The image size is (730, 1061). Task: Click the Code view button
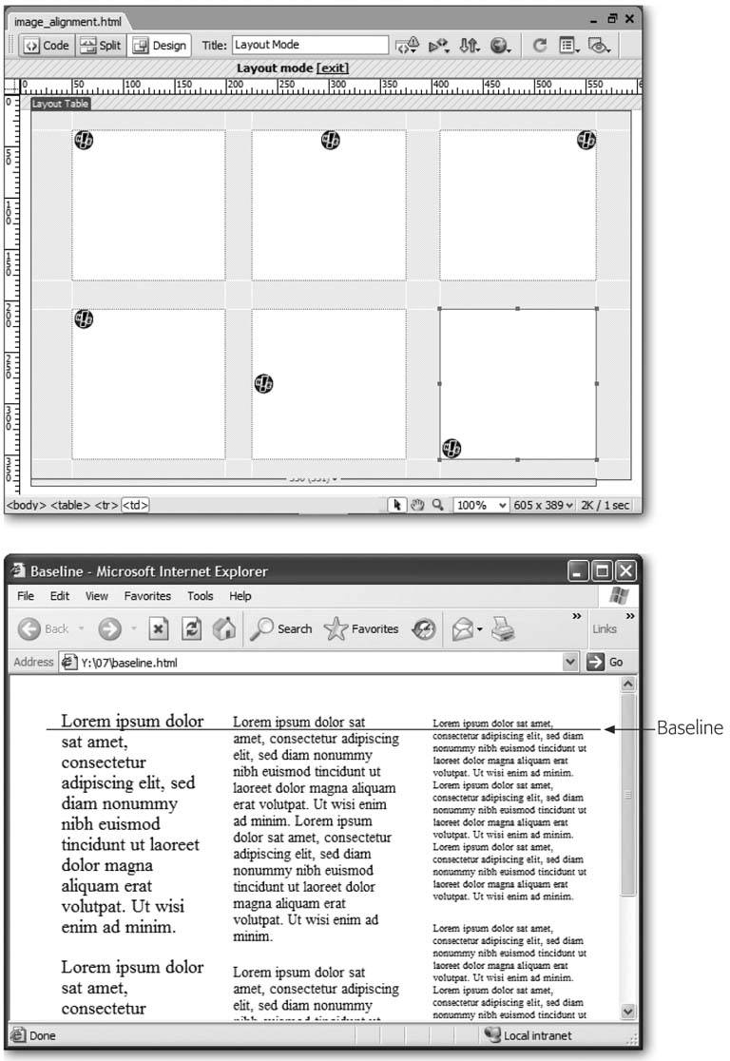[x=46, y=46]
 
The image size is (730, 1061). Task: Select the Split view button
[x=100, y=46]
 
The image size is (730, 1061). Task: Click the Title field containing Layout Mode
[x=309, y=45]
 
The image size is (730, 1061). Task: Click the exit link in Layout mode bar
[x=335, y=68]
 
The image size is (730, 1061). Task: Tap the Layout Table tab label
[x=60, y=104]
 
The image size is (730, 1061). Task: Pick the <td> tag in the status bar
[x=135, y=506]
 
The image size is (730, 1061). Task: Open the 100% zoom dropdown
[x=482, y=506]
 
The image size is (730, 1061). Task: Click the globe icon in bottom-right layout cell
[x=452, y=448]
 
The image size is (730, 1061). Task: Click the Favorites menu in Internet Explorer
[x=147, y=596]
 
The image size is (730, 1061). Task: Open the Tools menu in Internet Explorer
[x=200, y=596]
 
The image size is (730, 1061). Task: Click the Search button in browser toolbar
[x=282, y=628]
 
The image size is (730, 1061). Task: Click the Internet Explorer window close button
[x=624, y=571]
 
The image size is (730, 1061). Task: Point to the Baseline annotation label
[x=689, y=729]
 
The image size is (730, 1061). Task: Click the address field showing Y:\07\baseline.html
[x=314, y=662]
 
